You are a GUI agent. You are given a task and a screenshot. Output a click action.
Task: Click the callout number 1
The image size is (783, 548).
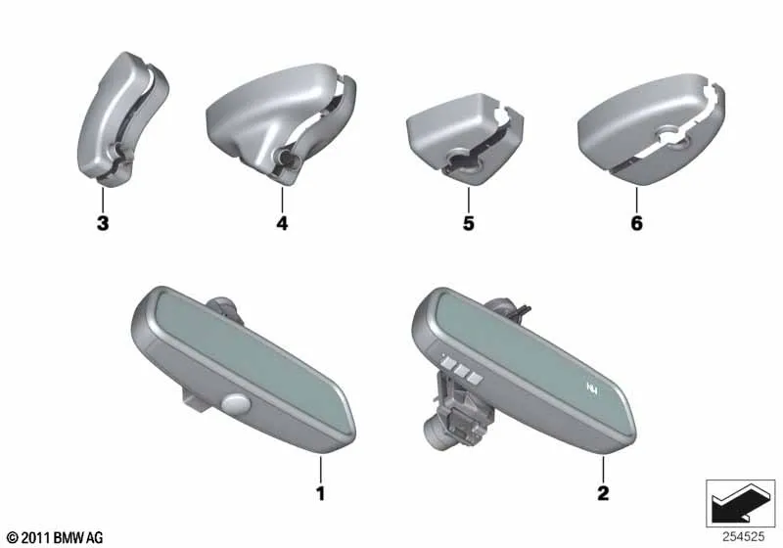click(321, 493)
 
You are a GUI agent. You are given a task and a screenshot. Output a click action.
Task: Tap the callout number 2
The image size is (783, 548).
click(603, 493)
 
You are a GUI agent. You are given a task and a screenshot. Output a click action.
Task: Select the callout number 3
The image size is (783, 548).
click(103, 223)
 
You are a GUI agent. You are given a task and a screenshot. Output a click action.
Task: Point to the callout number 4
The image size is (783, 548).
click(282, 223)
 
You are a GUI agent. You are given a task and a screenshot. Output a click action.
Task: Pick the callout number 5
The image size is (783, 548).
click(469, 223)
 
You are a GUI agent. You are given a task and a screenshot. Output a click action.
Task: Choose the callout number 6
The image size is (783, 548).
click(637, 223)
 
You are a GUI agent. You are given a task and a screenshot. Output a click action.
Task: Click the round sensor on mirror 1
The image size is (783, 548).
click(236, 402)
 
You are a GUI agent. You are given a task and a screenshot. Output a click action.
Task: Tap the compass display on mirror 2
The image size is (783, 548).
click(592, 388)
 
